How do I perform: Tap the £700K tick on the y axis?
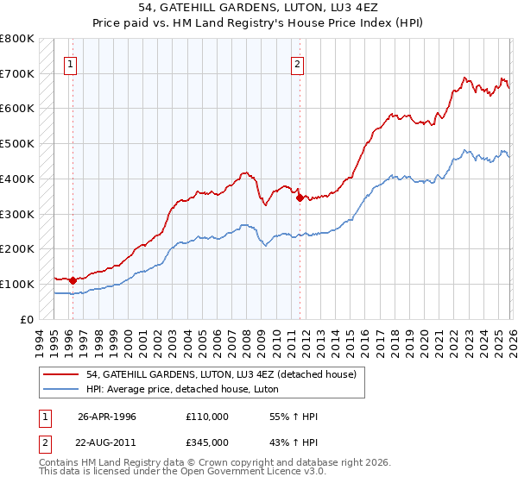(17, 74)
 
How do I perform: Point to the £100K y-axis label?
(17, 284)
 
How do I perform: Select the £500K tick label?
(17, 144)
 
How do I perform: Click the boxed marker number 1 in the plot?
(70, 63)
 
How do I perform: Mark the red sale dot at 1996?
(73, 280)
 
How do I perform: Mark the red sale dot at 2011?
(300, 198)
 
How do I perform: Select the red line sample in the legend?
(60, 373)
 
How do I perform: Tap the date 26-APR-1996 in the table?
(106, 417)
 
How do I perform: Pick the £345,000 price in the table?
(207, 442)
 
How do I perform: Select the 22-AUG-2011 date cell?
(107, 442)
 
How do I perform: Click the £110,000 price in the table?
(207, 417)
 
